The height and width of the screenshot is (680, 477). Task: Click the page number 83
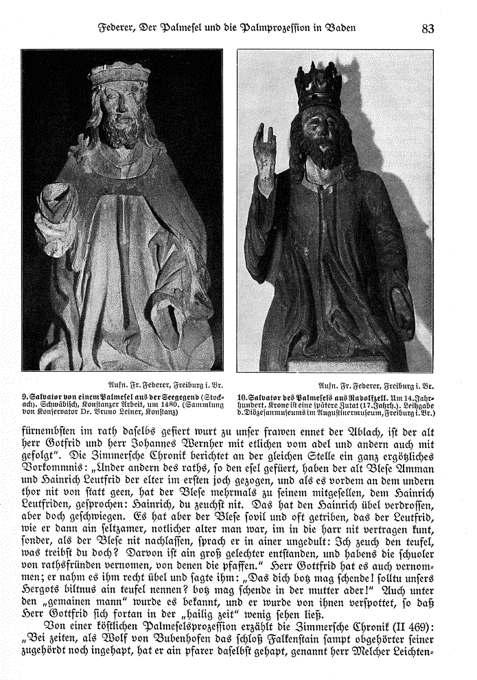[x=428, y=29]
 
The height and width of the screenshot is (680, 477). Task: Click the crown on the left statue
[x=119, y=73]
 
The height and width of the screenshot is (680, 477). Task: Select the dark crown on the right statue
[x=318, y=87]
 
